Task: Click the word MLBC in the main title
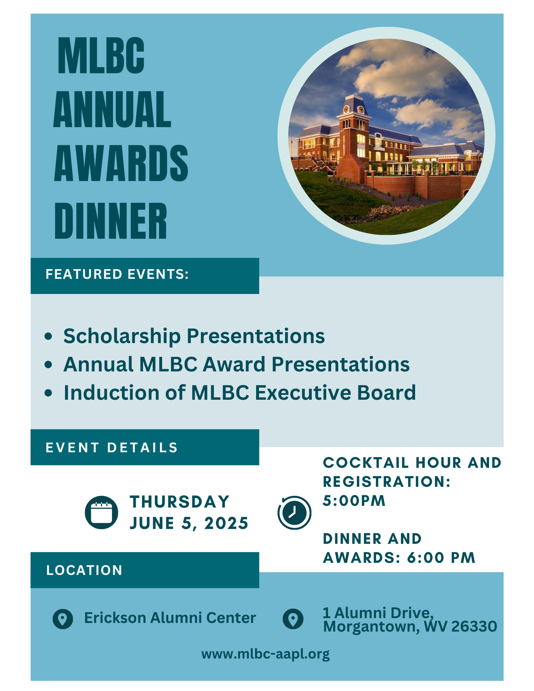coord(101,56)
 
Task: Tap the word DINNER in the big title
coord(111,221)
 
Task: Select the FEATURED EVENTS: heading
coord(117,274)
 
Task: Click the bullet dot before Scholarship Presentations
coord(48,336)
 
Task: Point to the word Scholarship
coord(122,336)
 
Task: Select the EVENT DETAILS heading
coord(112,448)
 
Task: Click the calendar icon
coord(101,512)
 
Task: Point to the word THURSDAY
coord(180,502)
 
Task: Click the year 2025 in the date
coord(226,523)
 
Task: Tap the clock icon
coord(294,512)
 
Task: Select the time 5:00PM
coord(354,501)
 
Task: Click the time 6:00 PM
coord(441,558)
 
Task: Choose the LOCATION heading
coord(84,570)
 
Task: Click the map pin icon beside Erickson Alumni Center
coord(63,618)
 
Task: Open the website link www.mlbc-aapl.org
coord(265,654)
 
